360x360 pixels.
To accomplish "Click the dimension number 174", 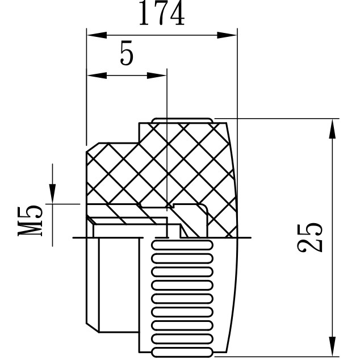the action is point(162,12).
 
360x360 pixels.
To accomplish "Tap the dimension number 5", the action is point(127,53).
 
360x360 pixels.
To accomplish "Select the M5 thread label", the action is point(30,221).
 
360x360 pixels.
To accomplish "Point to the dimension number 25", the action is point(309,237).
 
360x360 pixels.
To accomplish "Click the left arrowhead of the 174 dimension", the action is point(97,35).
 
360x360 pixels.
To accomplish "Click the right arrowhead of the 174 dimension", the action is point(227,35).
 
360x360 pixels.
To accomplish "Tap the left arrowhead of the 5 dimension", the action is point(97,76).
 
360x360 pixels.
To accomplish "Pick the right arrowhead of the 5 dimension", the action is point(157,76).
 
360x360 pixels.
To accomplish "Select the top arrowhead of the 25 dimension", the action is point(332,129).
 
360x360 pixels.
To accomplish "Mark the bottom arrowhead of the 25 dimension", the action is point(332,346).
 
